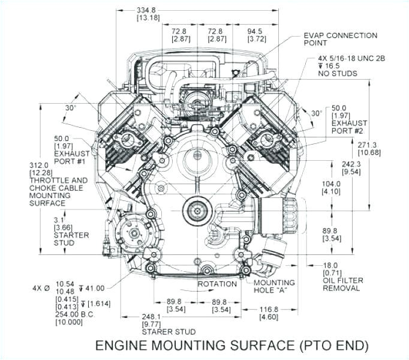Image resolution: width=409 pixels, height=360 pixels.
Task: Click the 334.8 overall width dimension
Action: pos(146,10)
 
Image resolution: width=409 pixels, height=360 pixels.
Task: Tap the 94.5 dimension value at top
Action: pos(258,30)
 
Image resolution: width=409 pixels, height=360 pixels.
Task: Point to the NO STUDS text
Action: pos(337,74)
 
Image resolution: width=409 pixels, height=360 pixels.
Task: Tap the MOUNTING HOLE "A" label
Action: pos(274,286)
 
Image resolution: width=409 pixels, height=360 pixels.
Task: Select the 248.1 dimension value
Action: pos(153,316)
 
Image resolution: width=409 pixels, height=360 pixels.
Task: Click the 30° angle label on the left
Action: pos(71,108)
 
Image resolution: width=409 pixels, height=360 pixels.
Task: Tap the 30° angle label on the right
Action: pos(316,113)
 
